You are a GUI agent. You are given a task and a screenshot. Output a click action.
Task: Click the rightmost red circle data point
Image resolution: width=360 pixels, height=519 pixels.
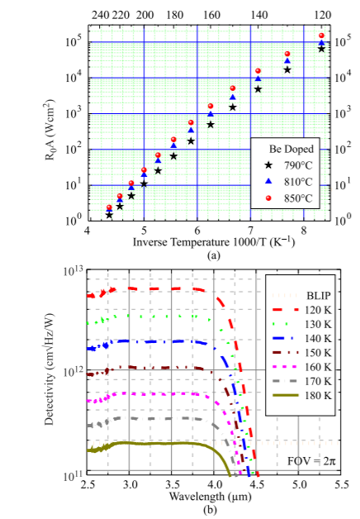(321, 36)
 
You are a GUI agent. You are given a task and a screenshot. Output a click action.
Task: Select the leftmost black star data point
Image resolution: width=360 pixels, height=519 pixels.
(109, 214)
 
